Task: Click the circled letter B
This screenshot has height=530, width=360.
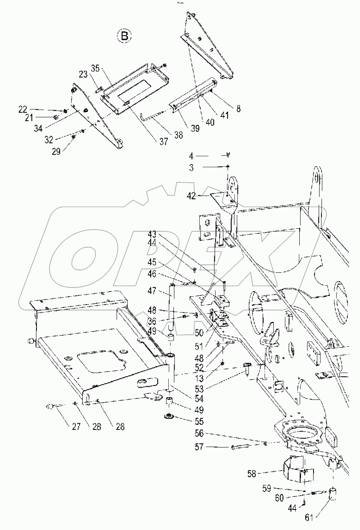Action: click(124, 36)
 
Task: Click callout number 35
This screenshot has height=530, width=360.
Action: click(95, 68)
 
